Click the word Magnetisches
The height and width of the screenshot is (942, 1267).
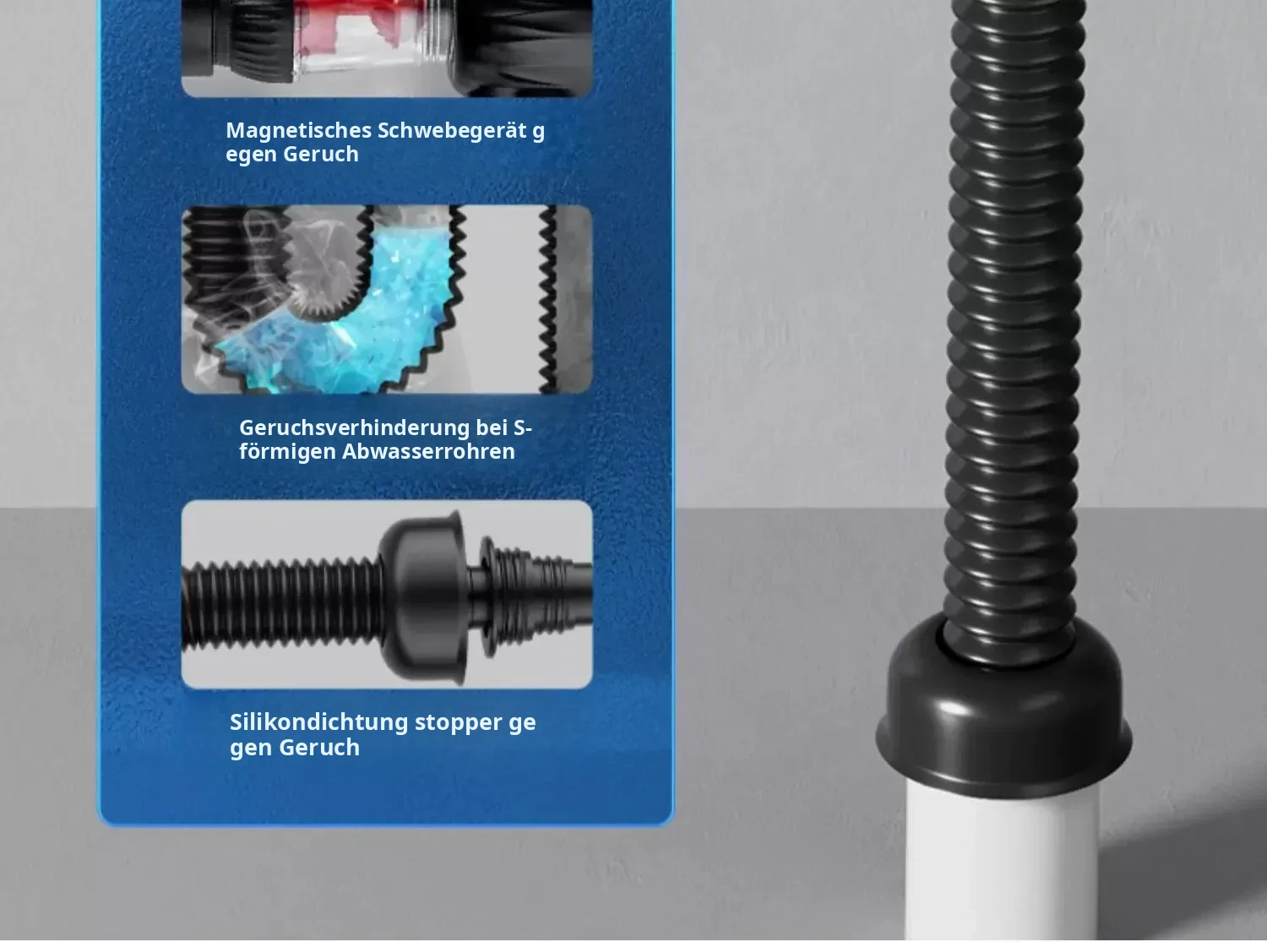tap(299, 131)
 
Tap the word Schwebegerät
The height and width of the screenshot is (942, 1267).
tap(453, 131)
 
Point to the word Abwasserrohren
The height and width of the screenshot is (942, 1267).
tap(428, 451)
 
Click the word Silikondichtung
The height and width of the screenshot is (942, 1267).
tap(319, 722)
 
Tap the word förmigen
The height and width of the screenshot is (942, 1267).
tap(287, 452)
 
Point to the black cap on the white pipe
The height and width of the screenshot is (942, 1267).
tap(1003, 715)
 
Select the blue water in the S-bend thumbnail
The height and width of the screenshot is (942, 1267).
tap(343, 326)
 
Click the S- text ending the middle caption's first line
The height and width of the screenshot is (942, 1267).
tap(523, 427)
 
